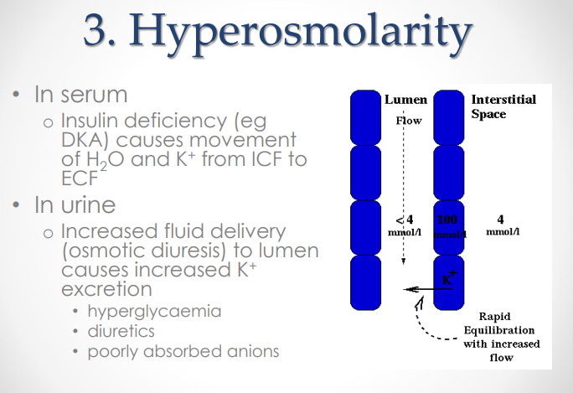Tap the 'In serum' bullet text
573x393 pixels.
(80, 95)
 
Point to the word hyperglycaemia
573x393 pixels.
(154, 311)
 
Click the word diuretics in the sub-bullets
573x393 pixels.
(125, 331)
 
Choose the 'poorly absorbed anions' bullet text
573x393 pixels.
(183, 351)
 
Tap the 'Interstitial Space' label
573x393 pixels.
(503, 106)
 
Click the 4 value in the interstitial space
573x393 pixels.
(499, 219)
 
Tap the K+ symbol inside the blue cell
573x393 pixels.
(449, 278)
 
